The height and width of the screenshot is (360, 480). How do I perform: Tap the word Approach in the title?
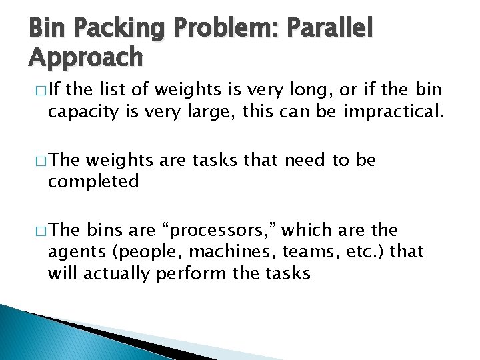[85, 58]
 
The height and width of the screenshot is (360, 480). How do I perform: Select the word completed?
[93, 181]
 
